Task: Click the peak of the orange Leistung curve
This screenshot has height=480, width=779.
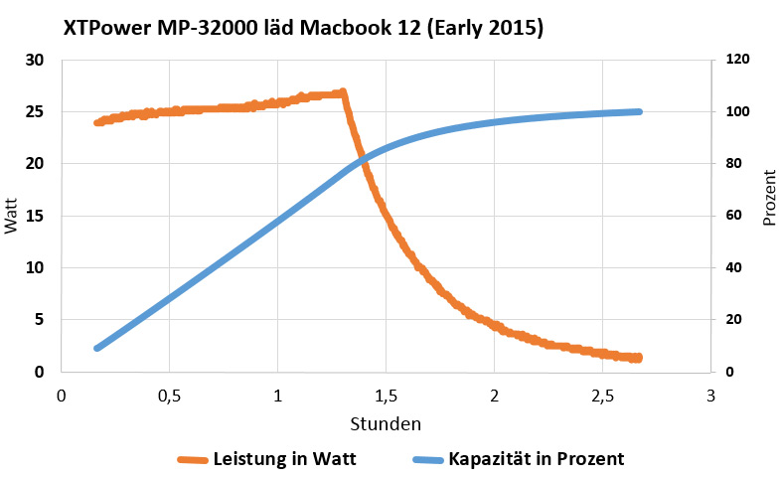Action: point(343,92)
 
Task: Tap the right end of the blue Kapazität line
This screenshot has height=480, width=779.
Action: point(639,111)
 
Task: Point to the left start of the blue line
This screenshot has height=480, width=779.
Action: point(97,348)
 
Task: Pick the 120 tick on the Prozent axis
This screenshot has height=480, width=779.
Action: point(737,60)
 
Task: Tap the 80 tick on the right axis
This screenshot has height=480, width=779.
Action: point(733,164)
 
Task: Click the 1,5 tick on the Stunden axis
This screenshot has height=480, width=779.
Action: point(386,395)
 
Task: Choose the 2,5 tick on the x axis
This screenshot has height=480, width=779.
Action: point(602,395)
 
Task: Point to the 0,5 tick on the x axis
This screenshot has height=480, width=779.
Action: point(169,395)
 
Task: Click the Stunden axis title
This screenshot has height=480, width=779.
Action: point(386,423)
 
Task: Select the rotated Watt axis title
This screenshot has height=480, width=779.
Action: point(11,216)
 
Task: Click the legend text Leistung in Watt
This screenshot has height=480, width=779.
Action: point(284,458)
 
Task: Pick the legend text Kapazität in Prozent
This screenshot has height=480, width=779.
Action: point(537,458)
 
